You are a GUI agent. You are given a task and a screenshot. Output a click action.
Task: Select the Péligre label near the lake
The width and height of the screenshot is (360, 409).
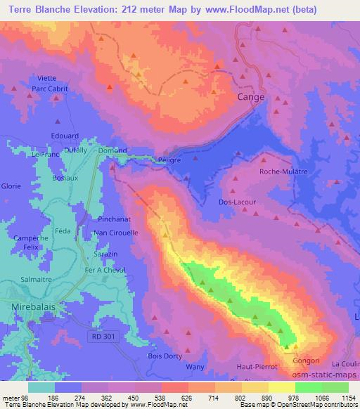(x=169, y=160)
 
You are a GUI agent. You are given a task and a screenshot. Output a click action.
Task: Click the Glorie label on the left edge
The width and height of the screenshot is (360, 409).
(x=11, y=186)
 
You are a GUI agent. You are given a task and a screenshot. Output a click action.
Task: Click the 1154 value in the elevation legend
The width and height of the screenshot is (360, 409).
(x=347, y=398)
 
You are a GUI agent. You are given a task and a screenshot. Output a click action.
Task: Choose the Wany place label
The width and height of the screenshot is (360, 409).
(x=194, y=367)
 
